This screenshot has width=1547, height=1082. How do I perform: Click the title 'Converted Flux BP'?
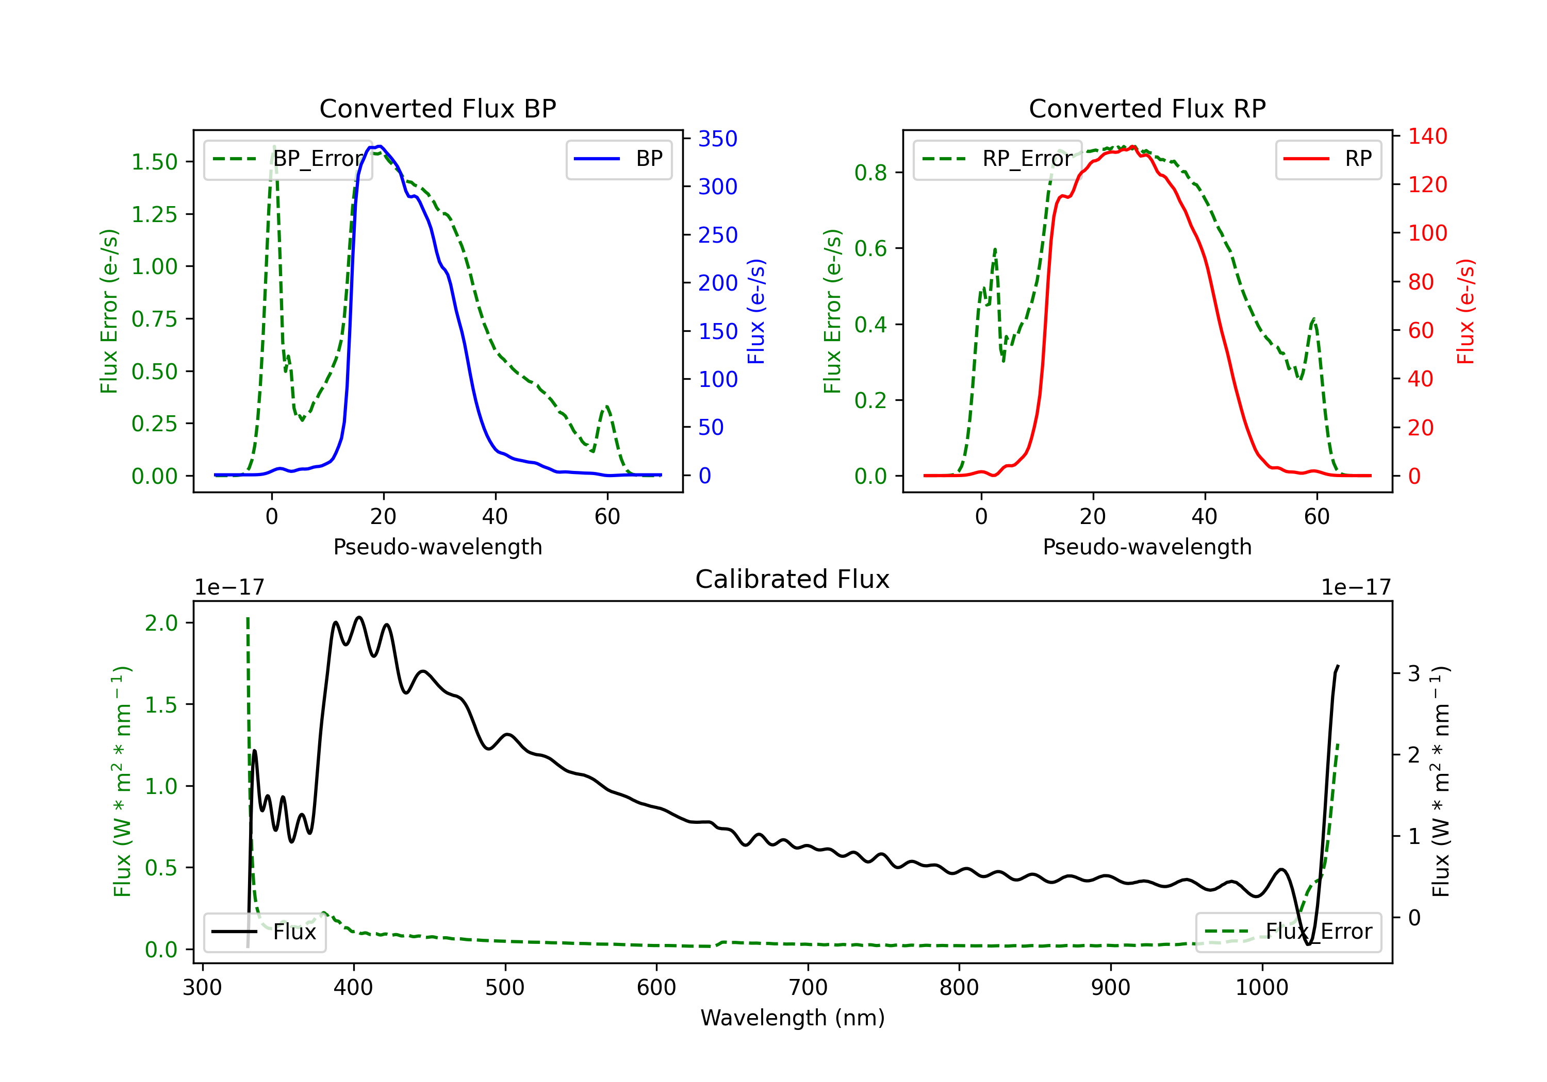click(x=437, y=108)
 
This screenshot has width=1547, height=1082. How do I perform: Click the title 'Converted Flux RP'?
click(x=1147, y=108)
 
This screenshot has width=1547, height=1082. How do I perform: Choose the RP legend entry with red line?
click(x=1327, y=159)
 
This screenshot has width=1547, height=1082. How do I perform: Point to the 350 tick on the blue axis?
click(x=717, y=139)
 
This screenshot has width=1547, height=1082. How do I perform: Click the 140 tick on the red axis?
click(x=1427, y=136)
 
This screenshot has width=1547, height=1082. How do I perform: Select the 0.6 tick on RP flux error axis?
click(x=870, y=248)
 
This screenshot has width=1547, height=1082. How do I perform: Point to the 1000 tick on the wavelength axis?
click(x=1261, y=987)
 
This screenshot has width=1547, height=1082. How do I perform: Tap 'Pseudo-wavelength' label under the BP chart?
click(x=437, y=547)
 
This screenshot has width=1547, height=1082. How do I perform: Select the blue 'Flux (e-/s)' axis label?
click(x=756, y=311)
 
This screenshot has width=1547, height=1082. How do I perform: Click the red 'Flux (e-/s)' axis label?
click(x=1466, y=311)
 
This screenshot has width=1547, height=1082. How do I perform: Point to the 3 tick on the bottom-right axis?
click(x=1413, y=673)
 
